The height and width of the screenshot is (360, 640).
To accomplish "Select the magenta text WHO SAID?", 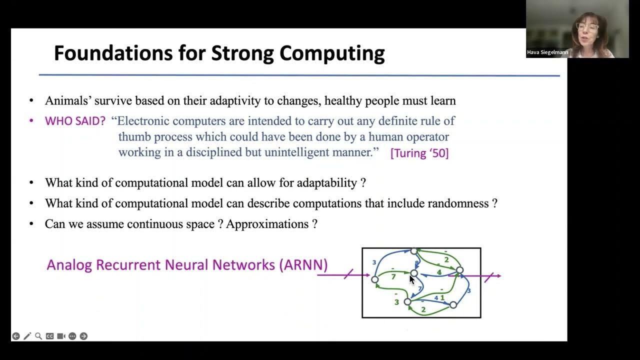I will click(75, 121).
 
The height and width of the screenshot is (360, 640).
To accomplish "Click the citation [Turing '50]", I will click(419, 153).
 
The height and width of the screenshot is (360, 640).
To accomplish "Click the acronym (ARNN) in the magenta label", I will click(303, 264).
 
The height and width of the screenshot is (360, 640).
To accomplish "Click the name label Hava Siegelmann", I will click(547, 52).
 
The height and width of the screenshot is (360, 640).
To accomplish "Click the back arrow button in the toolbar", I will click(16, 336).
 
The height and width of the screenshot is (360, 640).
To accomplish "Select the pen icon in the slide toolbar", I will click(27, 336).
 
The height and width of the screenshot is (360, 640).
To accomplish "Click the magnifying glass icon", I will click(38, 336).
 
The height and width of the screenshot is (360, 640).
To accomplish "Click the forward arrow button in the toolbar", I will click(83, 336).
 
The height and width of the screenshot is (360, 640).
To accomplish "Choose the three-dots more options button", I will click(72, 336).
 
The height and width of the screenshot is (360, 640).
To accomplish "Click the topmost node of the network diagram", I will click(413, 251).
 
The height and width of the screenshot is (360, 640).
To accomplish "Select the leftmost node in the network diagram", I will click(375, 279).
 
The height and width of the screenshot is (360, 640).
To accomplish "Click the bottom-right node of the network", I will click(453, 304).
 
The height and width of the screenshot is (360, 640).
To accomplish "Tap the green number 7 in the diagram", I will click(393, 276).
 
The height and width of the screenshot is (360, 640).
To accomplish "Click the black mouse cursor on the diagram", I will click(412, 279).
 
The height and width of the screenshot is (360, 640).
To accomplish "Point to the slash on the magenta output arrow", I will click(489, 276).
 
